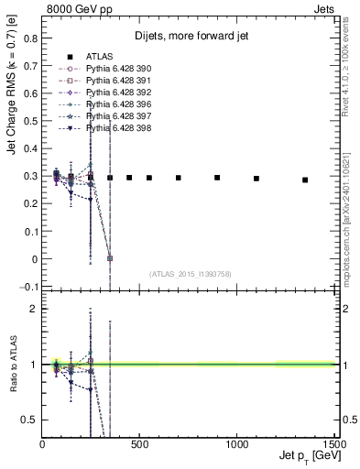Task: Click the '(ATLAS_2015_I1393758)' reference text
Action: pos(191,274)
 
